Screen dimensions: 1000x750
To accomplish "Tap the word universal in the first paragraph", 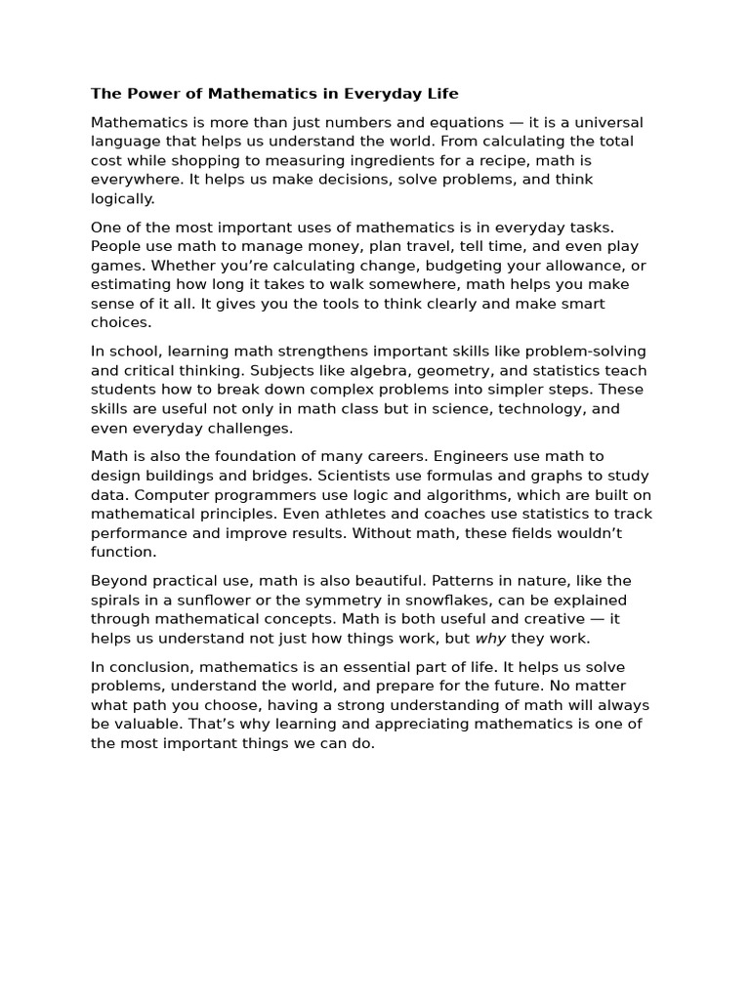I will pos(607,122).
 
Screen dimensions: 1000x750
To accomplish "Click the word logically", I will pos(122,198).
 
